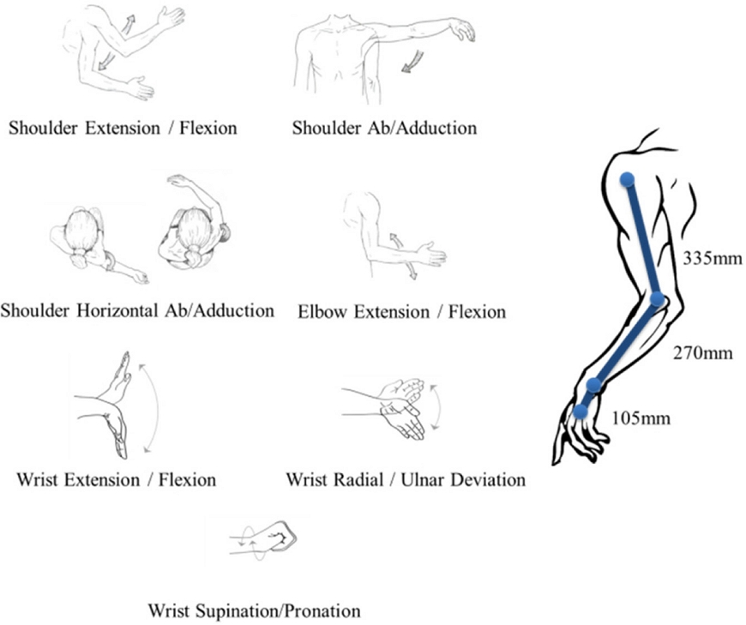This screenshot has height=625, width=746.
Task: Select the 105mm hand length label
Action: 641,418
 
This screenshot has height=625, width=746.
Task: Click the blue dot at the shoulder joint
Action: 628,180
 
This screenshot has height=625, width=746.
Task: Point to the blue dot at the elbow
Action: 658,299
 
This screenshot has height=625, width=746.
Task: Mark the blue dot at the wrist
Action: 593,384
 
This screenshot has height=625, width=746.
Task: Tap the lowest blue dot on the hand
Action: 581,411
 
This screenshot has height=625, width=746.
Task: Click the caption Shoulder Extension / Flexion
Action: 123,129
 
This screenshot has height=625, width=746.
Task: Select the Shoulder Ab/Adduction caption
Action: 384,129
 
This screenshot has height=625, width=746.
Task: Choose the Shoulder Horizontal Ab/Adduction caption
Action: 137,310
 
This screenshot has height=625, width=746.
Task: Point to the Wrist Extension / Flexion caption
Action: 116,478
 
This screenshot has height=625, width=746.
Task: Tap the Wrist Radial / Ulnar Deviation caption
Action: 406,478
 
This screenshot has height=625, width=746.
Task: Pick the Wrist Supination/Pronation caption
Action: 254,611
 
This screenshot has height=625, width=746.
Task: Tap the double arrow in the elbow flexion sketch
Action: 402,255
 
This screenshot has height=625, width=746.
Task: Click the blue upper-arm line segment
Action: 642,239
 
